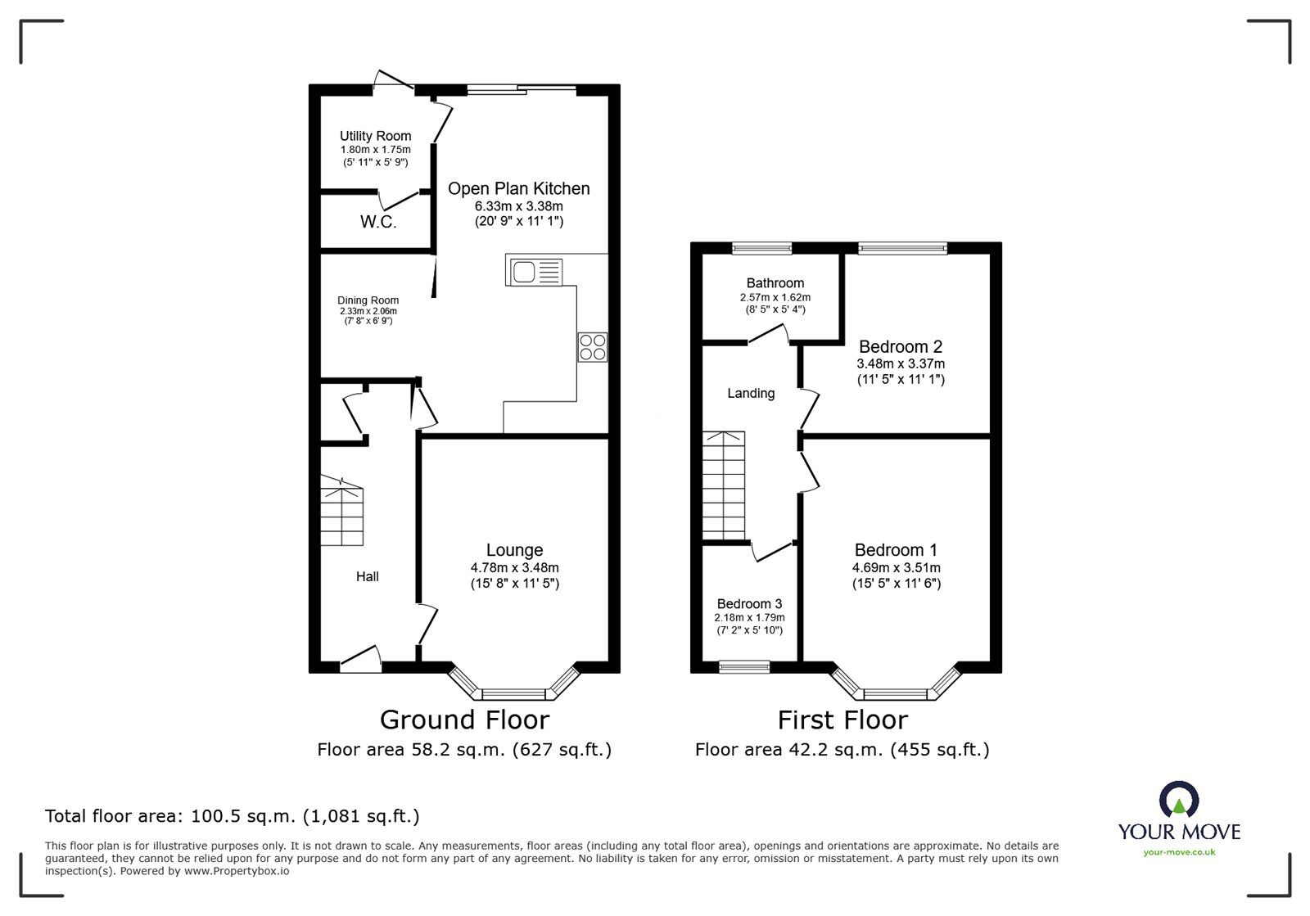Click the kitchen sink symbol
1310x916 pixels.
(535, 271)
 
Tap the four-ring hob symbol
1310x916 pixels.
(593, 346)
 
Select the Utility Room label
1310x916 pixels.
(376, 136)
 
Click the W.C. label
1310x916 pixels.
(378, 223)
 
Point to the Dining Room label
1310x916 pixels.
(368, 300)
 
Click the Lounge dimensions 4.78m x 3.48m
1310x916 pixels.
(514, 567)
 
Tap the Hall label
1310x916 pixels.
(367, 576)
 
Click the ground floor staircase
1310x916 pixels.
(341, 512)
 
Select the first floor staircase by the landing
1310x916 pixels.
(723, 485)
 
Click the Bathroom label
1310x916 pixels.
(775, 283)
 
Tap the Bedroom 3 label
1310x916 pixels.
(749, 604)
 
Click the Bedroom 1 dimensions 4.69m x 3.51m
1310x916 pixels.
(896, 567)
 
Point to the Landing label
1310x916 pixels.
(751, 393)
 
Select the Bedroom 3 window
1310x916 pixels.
(744, 668)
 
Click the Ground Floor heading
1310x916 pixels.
(464, 720)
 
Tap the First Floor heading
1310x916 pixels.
(842, 720)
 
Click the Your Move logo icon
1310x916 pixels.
(1179, 799)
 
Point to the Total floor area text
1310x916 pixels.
(232, 815)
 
